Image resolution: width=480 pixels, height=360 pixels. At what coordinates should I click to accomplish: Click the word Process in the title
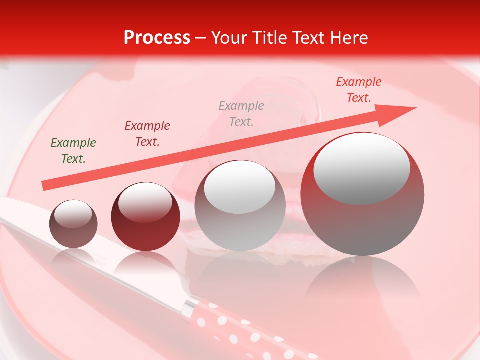pyautogui.click(x=157, y=38)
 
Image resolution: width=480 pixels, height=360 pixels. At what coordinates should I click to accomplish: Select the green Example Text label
pyautogui.click(x=73, y=151)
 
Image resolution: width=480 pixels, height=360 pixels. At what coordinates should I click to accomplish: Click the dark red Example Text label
pyautogui.click(x=147, y=134)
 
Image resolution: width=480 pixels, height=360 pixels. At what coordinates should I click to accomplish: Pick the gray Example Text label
pyautogui.click(x=241, y=113)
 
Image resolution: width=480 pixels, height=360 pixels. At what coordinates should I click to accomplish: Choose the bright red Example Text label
pyautogui.click(x=358, y=90)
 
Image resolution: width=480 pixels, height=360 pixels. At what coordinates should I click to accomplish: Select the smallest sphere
pyautogui.click(x=73, y=224)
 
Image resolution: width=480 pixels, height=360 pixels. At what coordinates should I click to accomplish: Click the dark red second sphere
pyautogui.click(x=145, y=217)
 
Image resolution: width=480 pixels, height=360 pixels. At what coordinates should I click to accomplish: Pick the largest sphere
pyautogui.click(x=362, y=194)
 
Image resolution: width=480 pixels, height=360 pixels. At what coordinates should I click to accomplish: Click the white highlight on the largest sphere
pyautogui.click(x=361, y=167)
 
